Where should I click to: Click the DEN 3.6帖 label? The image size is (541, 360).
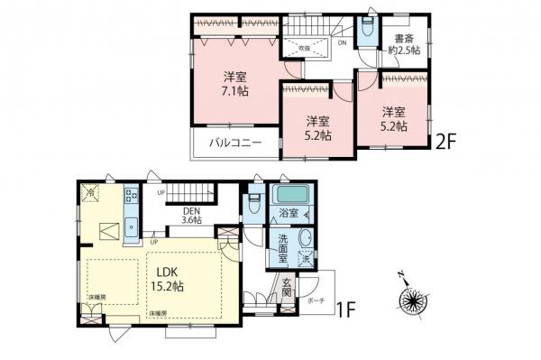[x=190, y=214]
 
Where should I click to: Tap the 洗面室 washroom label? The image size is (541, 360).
[x=283, y=249]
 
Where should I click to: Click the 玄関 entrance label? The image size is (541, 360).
[x=286, y=292]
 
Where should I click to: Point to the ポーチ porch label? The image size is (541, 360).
[x=316, y=300]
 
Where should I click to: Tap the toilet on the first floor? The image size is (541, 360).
[x=254, y=203]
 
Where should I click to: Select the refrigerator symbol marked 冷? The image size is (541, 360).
[x=90, y=192]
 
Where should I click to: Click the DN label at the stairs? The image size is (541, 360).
[x=343, y=42]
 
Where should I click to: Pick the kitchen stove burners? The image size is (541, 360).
[x=131, y=196]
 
